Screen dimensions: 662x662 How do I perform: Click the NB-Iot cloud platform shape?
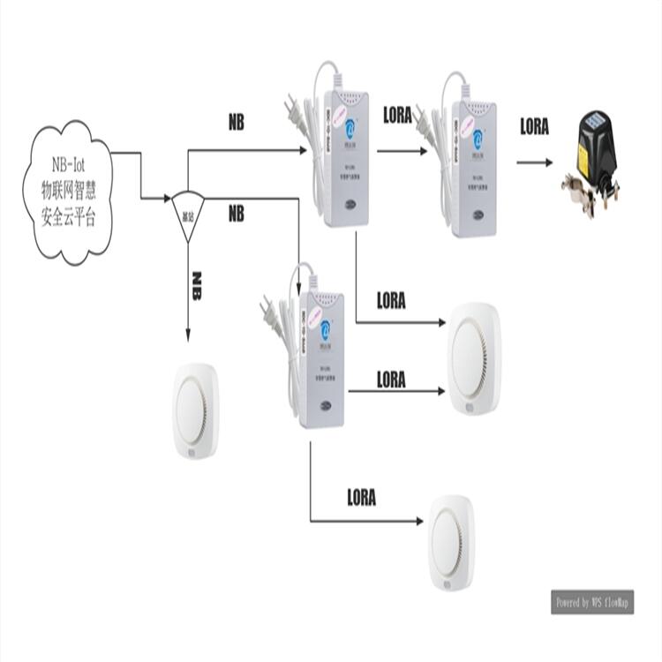click(71, 193)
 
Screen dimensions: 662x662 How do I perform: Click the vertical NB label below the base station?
click(196, 286)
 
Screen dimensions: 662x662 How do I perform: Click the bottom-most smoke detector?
click(451, 542)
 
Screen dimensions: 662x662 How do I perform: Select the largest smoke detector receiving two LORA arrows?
click(474, 357)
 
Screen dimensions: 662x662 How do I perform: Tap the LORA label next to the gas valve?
click(534, 127)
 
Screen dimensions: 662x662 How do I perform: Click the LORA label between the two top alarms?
click(397, 115)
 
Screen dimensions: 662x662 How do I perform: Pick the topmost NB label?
click(236, 124)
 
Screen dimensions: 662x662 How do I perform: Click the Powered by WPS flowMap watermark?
click(592, 602)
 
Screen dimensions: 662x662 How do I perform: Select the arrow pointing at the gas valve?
click(535, 162)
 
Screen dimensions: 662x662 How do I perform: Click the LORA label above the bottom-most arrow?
click(361, 498)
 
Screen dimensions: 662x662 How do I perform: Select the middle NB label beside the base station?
click(236, 214)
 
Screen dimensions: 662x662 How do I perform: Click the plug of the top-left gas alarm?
click(290, 110)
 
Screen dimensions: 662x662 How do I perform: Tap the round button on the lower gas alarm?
click(326, 407)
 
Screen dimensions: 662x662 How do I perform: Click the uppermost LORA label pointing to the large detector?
click(391, 301)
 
